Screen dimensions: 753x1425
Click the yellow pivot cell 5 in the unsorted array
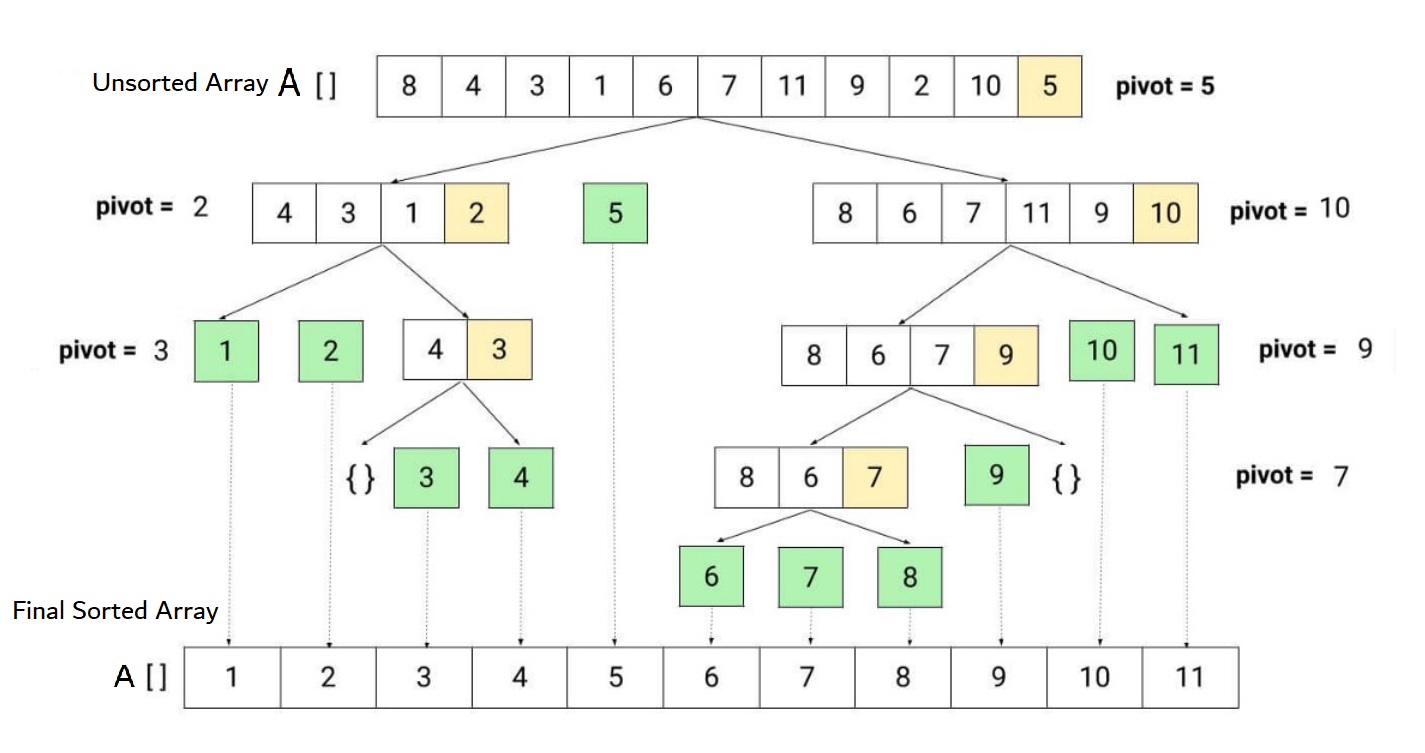[x=1049, y=86]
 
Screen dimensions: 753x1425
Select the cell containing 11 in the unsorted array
[x=792, y=86]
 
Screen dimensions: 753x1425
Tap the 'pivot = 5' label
[x=1165, y=86]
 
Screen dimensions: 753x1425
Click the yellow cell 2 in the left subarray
[x=476, y=213]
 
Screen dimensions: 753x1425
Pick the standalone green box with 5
[x=615, y=213]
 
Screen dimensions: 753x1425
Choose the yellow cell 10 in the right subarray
[x=1165, y=213]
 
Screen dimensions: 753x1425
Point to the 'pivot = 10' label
[x=1290, y=210]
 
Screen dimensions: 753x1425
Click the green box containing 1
[x=226, y=351]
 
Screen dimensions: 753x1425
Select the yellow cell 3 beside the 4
[x=499, y=350]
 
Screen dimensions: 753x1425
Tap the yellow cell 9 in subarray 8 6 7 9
[x=1006, y=356]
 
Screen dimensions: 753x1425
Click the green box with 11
[x=1186, y=354]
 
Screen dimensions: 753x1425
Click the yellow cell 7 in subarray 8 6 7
[x=875, y=478]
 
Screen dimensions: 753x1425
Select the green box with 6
[x=711, y=577]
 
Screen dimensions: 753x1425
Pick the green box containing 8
[x=909, y=577]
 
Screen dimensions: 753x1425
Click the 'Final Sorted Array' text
[x=116, y=610]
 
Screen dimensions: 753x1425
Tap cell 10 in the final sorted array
[x=1094, y=678]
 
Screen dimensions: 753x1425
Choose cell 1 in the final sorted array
[x=232, y=678]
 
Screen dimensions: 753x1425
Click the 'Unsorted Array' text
[x=180, y=83]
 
